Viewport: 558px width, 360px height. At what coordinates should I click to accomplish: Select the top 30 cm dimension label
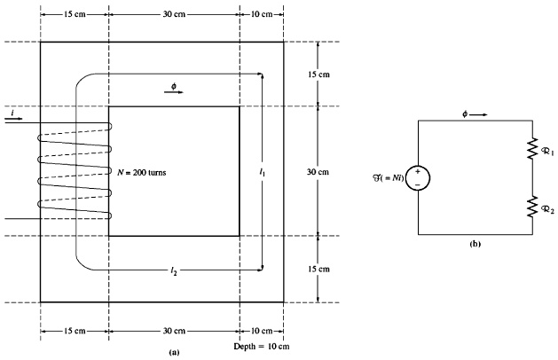(174, 15)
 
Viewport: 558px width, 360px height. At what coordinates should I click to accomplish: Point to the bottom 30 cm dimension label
(174, 331)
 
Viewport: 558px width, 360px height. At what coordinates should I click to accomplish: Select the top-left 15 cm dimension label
(75, 15)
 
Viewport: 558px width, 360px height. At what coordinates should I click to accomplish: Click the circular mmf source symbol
(418, 177)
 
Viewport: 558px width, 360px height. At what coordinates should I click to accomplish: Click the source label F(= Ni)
(388, 177)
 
